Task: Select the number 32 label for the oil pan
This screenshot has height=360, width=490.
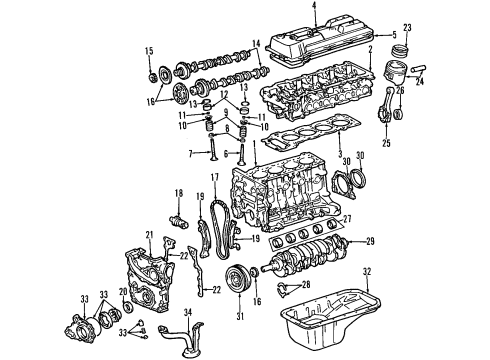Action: pos(366,272)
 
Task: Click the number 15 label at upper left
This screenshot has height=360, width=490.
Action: pos(149,52)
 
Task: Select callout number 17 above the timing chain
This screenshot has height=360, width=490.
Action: pos(213,179)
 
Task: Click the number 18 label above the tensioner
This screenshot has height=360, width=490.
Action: pos(179,192)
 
